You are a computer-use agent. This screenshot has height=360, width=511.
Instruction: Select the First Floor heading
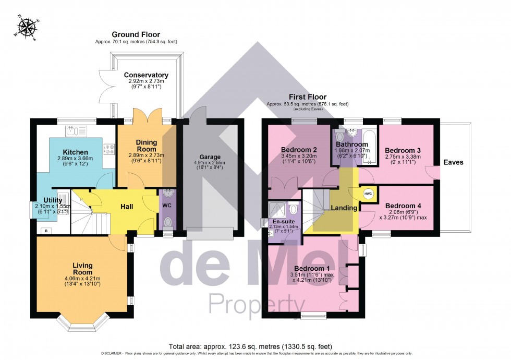coord(309,97)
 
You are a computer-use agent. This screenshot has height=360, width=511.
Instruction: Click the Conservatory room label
coord(146,75)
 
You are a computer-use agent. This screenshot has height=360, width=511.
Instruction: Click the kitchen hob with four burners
coord(110,150)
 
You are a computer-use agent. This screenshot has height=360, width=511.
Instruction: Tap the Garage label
coord(210,157)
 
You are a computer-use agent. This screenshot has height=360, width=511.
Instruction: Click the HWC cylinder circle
coord(368,194)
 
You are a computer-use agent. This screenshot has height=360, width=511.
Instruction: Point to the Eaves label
coord(453,162)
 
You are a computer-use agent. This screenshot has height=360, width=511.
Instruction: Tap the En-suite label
coord(284,221)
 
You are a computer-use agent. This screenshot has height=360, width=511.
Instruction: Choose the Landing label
coord(344,208)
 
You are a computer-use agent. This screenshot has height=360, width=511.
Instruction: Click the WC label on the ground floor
coord(167,206)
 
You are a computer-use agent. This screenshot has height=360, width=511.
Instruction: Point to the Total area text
coord(250,346)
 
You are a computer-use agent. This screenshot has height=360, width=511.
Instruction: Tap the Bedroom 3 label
coord(403,150)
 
